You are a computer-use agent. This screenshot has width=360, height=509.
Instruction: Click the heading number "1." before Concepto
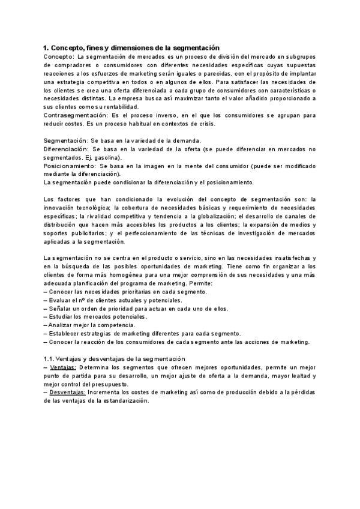click(x=46, y=47)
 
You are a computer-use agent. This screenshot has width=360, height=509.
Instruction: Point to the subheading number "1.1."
click(x=50, y=358)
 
